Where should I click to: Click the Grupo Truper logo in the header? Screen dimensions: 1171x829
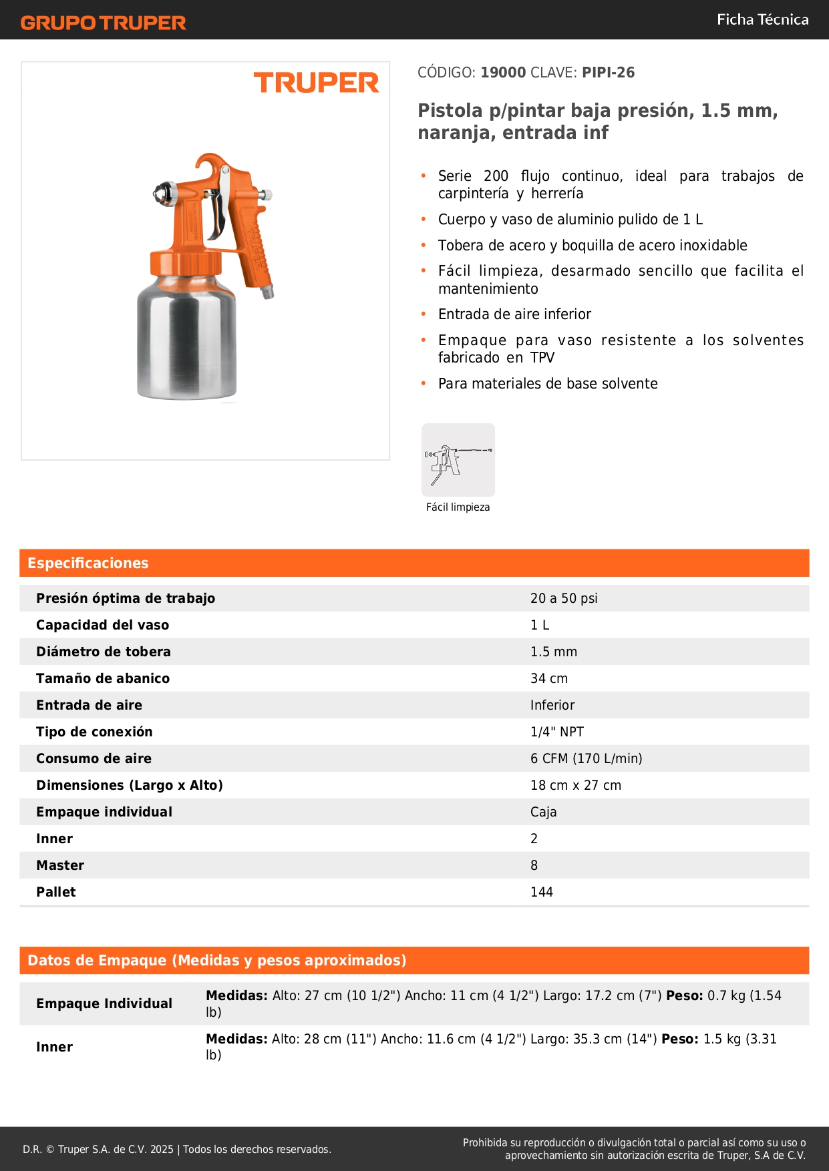[104, 23]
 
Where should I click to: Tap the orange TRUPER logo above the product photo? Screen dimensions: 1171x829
[316, 83]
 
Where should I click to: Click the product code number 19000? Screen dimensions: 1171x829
[503, 73]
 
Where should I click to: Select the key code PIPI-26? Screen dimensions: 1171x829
[608, 73]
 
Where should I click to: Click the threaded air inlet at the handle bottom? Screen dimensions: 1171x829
[269, 292]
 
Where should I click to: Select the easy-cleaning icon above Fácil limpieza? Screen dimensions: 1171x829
[458, 460]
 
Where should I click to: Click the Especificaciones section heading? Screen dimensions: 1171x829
[88, 563]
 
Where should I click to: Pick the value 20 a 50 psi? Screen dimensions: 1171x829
[564, 598]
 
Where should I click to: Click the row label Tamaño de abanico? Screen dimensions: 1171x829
[103, 678]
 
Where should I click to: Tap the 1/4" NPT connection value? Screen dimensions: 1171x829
[557, 732]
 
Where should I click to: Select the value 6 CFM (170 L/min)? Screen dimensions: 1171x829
[586, 758]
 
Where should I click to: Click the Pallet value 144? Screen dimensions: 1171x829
[542, 892]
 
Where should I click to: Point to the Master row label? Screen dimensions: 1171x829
[60, 865]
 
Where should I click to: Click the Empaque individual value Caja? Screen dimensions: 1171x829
[543, 812]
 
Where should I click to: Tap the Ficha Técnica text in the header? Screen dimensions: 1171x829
[762, 19]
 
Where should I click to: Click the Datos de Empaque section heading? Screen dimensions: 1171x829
[217, 961]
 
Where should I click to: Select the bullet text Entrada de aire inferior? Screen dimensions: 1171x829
[514, 314]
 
